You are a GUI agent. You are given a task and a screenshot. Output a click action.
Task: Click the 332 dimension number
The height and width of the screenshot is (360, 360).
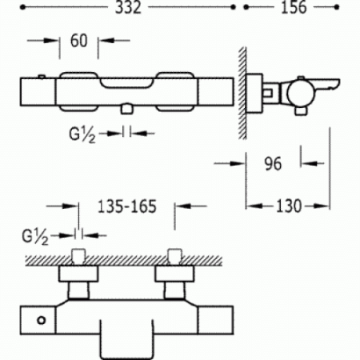click(128, 7)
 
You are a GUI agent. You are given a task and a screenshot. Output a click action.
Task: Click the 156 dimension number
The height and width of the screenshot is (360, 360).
click(294, 7)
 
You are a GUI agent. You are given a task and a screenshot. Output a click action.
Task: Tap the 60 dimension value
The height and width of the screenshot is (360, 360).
click(78, 41)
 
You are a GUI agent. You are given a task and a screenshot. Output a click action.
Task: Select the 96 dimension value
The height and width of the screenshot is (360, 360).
click(273, 164)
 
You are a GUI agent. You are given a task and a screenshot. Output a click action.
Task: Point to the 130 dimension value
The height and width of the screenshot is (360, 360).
click(288, 206)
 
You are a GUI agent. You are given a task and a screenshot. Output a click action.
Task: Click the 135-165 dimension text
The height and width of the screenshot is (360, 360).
click(126, 206)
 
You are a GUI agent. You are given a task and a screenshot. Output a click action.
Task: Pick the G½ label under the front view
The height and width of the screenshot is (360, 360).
click(82, 135)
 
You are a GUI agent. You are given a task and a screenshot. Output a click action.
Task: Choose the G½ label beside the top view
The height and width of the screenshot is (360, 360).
click(35, 237)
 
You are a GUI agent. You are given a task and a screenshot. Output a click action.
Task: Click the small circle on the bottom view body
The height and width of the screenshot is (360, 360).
click(42, 320)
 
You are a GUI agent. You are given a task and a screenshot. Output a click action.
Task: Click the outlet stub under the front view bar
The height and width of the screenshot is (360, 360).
click(127, 110)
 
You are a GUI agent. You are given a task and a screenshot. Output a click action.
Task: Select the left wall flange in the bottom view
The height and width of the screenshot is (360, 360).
click(78, 274)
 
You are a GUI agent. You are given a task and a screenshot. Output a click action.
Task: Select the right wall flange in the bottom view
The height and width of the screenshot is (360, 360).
click(174, 274)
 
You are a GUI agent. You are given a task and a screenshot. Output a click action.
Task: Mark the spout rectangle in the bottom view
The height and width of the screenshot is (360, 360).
click(127, 339)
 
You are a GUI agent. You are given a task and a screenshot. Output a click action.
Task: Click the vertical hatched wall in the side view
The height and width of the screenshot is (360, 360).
click(242, 93)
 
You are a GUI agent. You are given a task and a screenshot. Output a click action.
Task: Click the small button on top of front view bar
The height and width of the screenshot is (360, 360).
click(41, 76)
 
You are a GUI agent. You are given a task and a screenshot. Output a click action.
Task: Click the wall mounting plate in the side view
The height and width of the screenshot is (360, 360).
click(254, 93)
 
